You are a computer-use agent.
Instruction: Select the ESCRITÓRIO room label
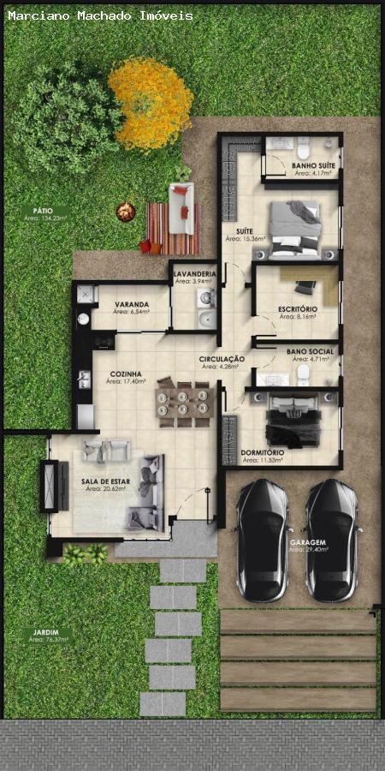(x=298, y=308)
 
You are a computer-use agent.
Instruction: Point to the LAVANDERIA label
(x=194, y=273)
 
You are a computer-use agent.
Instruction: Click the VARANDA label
(x=132, y=304)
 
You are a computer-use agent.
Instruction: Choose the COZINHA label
(x=125, y=374)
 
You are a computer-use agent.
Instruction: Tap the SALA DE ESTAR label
(x=106, y=482)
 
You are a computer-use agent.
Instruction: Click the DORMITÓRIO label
(x=262, y=452)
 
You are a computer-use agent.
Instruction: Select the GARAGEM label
(x=307, y=542)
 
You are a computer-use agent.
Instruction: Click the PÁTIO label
(x=43, y=211)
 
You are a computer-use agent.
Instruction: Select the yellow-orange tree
(x=151, y=102)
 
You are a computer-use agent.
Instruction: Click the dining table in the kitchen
(x=184, y=401)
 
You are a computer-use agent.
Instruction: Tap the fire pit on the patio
(x=126, y=211)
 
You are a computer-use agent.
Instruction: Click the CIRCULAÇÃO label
(x=222, y=358)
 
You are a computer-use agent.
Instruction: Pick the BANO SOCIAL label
(x=311, y=351)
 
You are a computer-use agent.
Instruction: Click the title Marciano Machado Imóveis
(x=100, y=15)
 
